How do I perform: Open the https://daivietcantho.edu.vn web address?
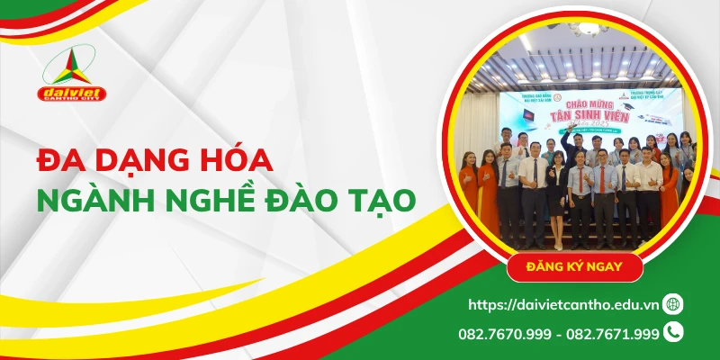point(562,304)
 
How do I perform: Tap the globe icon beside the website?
point(672,304)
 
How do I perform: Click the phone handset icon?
point(673,332)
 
